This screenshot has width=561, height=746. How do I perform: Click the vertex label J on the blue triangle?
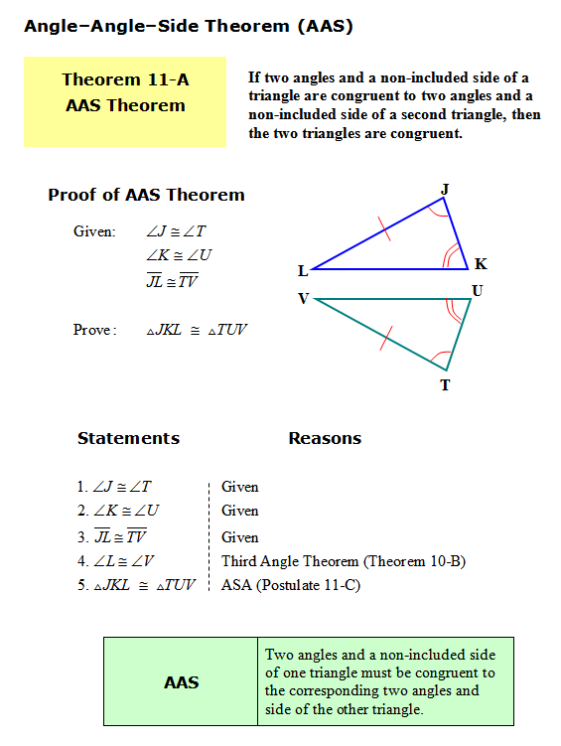pyautogui.click(x=445, y=188)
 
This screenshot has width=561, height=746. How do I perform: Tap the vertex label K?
pyautogui.click(x=481, y=264)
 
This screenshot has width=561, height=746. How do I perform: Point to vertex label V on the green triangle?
pyautogui.click(x=303, y=298)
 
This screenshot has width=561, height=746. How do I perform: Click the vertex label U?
pyautogui.click(x=478, y=291)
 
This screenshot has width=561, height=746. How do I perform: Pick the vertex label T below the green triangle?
pyautogui.click(x=445, y=384)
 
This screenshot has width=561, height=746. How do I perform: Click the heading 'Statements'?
pyautogui.click(x=128, y=438)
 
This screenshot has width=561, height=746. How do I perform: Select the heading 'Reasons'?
pyautogui.click(x=325, y=438)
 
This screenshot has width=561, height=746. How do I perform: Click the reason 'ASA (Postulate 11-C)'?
pyautogui.click(x=291, y=585)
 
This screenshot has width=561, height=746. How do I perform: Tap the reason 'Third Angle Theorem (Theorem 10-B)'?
pyautogui.click(x=344, y=561)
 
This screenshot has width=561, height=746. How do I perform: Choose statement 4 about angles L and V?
pyautogui.click(x=121, y=561)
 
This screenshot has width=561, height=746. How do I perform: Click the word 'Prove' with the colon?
pyautogui.click(x=95, y=330)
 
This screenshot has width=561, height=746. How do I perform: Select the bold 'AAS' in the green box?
pyautogui.click(x=181, y=682)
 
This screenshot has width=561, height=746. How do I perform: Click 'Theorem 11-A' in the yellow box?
pyautogui.click(x=124, y=80)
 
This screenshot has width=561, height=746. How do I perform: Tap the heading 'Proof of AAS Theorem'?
pyautogui.click(x=146, y=195)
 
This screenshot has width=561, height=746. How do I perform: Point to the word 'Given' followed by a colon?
pyautogui.click(x=95, y=231)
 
